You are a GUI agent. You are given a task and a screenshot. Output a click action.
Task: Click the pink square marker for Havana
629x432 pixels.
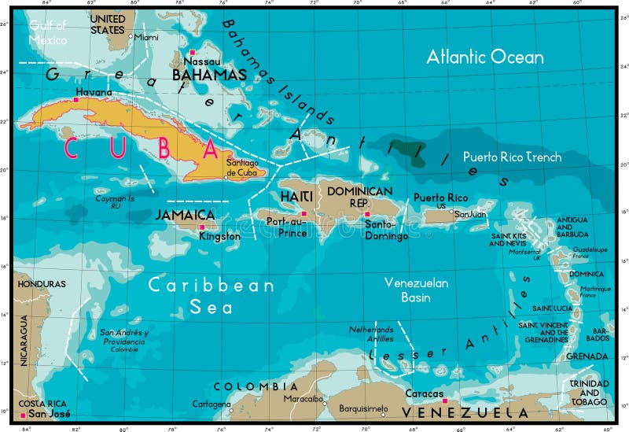tap(76, 100)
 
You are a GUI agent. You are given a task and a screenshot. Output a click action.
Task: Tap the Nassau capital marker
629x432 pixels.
tap(191, 53)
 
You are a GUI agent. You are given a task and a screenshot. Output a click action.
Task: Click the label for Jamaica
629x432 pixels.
tap(185, 215)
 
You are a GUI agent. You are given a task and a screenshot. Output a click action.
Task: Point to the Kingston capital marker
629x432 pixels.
tap(201, 227)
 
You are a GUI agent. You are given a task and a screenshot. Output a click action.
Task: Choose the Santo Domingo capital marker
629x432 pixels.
tap(366, 213)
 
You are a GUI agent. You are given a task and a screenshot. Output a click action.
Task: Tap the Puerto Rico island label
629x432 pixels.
tap(441, 198)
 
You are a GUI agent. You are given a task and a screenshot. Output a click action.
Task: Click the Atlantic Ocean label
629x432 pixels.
tap(484, 57)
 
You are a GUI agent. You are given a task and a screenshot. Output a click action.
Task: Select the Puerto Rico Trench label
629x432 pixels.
tap(512, 157)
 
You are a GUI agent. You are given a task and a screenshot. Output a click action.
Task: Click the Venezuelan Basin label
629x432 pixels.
tap(416, 290)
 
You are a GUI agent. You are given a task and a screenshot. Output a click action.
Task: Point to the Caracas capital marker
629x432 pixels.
tap(445, 401)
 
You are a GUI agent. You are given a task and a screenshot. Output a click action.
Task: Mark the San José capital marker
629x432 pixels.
tap(23, 415)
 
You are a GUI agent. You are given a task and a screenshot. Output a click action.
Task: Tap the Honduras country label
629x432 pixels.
tap(37, 283)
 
